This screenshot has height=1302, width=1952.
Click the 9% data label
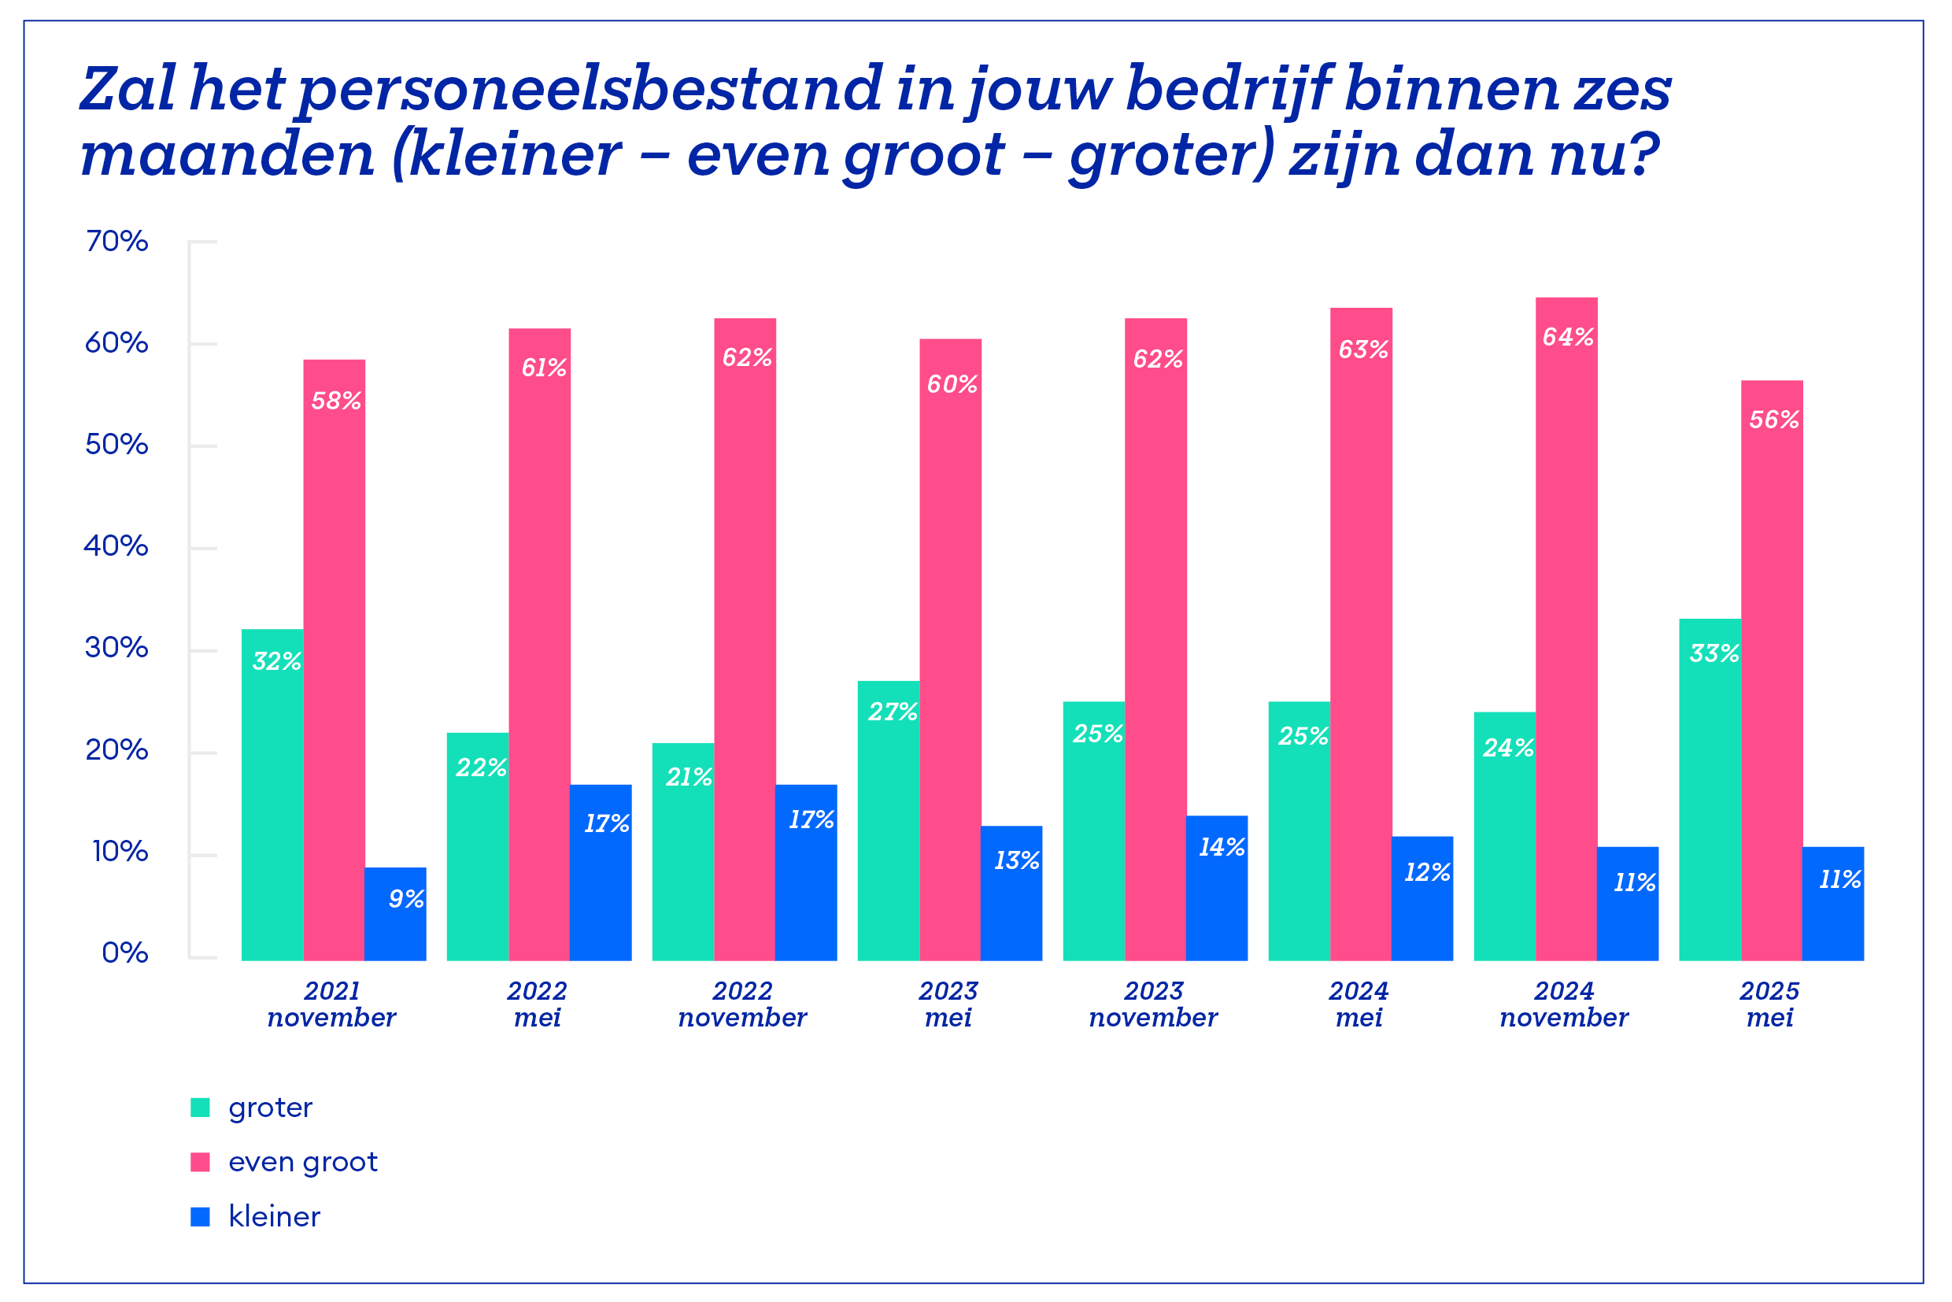coord(406,899)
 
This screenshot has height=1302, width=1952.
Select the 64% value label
coord(1568,337)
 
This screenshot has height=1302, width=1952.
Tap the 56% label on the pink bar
coord(1773,420)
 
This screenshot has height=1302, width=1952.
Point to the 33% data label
coord(1714,653)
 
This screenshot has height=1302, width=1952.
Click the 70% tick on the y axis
coord(117,242)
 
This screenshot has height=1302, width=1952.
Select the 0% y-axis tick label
coord(124,952)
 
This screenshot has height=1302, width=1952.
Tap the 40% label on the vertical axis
coord(116,546)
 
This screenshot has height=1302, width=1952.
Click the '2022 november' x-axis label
coord(742,1004)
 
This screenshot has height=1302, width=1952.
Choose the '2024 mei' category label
coord(1359,1004)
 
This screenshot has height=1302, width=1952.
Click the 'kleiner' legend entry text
coord(274,1217)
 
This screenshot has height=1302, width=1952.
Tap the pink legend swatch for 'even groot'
coord(200,1163)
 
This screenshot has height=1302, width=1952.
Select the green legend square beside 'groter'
coord(200,1108)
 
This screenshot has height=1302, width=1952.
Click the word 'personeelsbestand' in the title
coord(590,90)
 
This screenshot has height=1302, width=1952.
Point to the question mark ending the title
coord(1640,154)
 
